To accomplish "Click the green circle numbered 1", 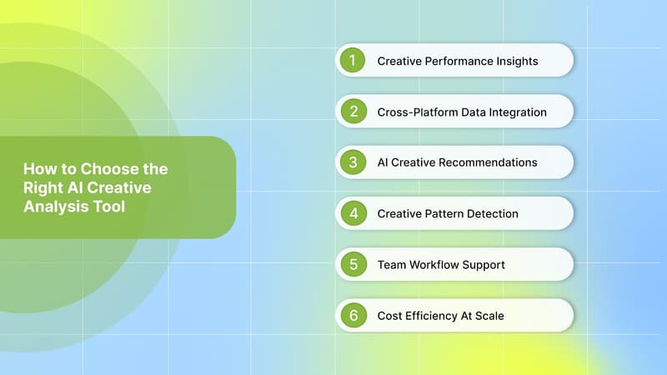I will pyautogui.click(x=353, y=61).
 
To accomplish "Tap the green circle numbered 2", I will pyautogui.click(x=353, y=112).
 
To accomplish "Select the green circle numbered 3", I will pyautogui.click(x=353, y=162).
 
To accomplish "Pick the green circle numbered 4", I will pyautogui.click(x=353, y=213).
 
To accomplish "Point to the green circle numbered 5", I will pyautogui.click(x=353, y=265).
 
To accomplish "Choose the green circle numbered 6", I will pyautogui.click(x=353, y=316).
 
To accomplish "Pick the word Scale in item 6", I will pyautogui.click(x=488, y=316).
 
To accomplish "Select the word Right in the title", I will pyautogui.click(x=43, y=187).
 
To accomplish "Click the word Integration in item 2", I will pyautogui.click(x=515, y=112).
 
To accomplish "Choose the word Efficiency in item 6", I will pyautogui.click(x=434, y=316).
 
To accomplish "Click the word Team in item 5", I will pyautogui.click(x=392, y=265).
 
